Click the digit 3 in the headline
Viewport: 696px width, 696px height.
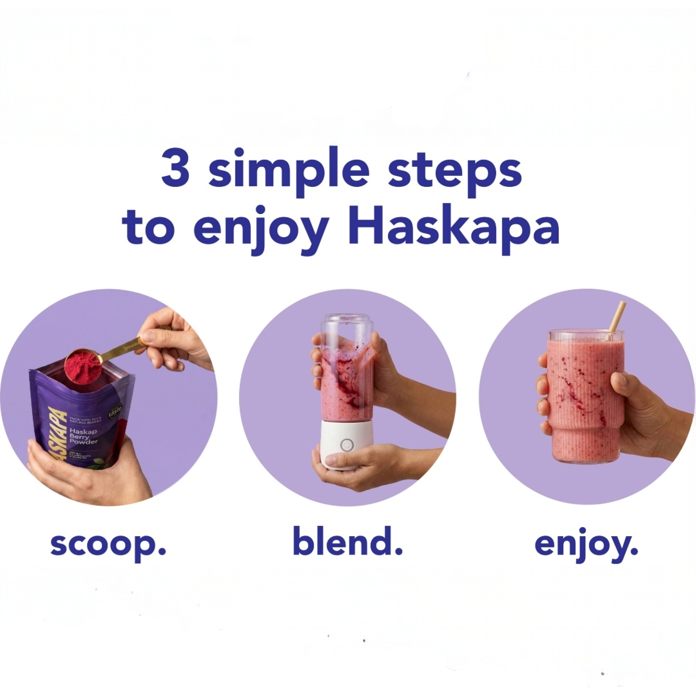tap(175, 169)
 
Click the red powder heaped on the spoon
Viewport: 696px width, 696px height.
tap(83, 365)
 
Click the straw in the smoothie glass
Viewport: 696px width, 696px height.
tap(616, 320)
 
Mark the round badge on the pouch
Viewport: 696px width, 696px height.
tap(115, 410)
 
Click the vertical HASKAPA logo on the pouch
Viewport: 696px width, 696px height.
tap(57, 432)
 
